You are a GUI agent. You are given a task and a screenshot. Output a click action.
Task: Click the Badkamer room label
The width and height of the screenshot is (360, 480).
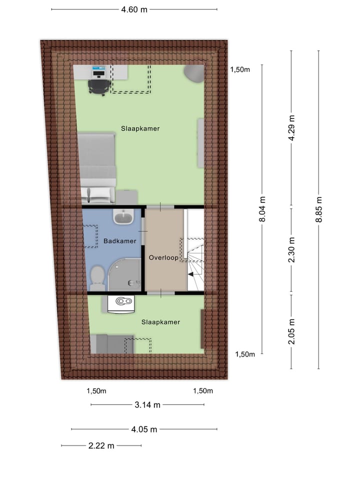tap(120, 241)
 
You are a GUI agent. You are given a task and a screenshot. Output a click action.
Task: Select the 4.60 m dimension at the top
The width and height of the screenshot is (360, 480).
tap(134, 9)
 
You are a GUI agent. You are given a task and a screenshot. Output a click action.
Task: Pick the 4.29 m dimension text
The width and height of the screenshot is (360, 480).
tap(291, 128)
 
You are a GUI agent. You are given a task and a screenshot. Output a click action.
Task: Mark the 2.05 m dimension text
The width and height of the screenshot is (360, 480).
tap(291, 331)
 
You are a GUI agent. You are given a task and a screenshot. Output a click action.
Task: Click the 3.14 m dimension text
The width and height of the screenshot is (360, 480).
tap(147, 405)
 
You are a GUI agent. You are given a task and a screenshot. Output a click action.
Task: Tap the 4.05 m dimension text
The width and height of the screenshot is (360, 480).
tap(144, 429)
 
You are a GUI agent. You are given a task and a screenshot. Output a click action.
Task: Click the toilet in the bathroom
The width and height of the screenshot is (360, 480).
tap(98, 277)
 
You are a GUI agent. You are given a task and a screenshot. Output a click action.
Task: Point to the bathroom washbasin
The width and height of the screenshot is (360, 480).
tap(123, 216)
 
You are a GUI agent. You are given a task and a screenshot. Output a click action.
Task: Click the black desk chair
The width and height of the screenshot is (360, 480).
tap(98, 86)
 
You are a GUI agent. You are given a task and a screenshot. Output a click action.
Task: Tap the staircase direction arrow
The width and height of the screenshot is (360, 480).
tap(191, 273)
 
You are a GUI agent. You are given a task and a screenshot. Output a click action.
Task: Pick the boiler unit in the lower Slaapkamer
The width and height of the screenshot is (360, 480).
tap(122, 302)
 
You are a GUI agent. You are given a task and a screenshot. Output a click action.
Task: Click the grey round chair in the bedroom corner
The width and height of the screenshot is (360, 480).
tap(194, 73)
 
